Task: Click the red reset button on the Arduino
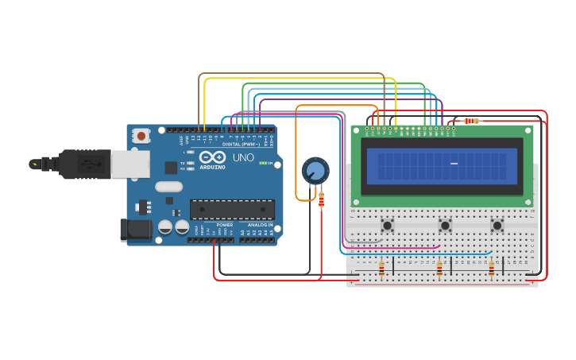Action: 141,136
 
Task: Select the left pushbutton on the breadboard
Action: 388,226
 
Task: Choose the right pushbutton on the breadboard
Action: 497,226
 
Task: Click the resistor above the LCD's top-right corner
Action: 472,121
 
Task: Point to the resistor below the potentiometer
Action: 321,201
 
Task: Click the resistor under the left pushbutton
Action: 381,269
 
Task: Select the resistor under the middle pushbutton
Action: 439,269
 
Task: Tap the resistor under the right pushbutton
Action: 491,269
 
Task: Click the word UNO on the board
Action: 243,157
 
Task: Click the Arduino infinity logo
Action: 212,157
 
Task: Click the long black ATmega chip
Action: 232,210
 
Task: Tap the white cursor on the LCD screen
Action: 454,164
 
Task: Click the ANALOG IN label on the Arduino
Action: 260,225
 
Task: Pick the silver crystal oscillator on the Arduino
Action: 168,187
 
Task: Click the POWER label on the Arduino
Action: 225,225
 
